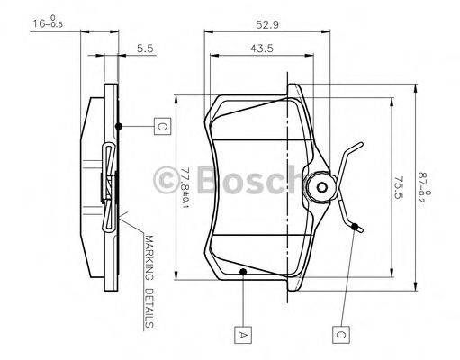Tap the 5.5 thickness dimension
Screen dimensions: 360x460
[144, 49]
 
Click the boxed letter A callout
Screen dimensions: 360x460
[242, 336]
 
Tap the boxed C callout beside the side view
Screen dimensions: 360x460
[161, 127]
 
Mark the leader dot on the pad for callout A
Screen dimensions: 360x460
[242, 270]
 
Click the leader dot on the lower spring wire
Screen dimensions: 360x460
[356, 225]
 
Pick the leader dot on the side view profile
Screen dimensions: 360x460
[119, 126]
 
